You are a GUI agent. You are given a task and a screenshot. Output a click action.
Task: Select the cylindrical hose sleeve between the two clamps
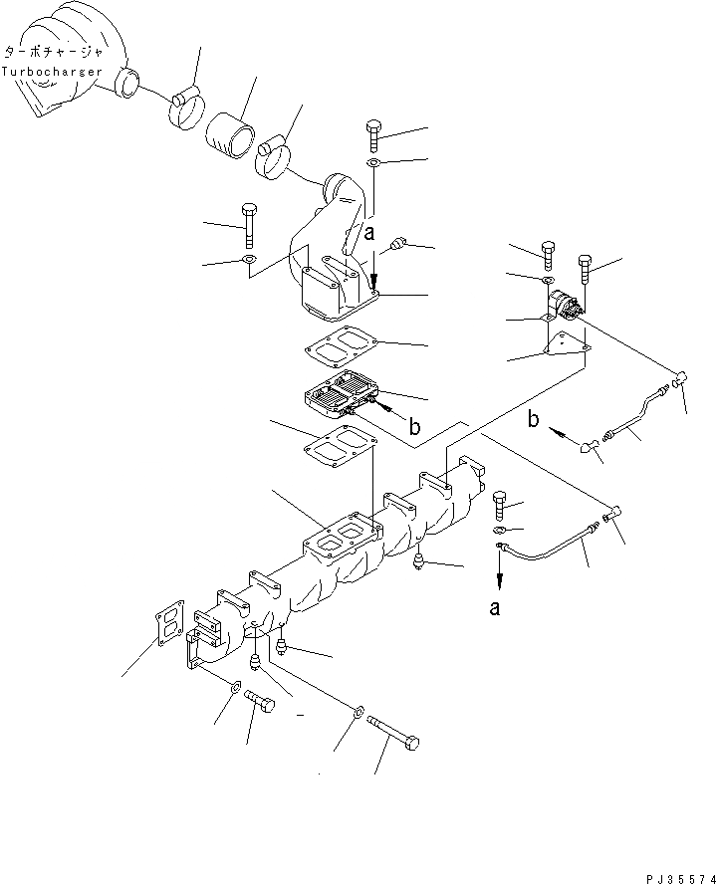point(231,132)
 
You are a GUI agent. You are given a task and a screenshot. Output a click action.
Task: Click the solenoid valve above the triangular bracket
point(567,305)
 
